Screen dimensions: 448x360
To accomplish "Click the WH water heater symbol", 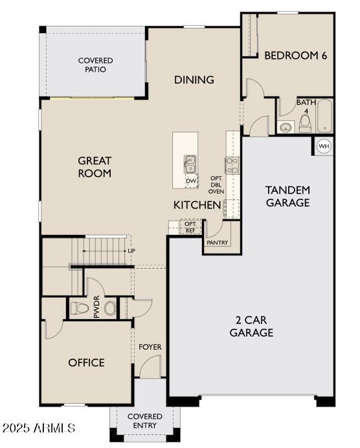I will (323, 146).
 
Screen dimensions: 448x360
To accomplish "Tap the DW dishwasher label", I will (191, 181).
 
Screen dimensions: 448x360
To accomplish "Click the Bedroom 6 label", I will (295, 56).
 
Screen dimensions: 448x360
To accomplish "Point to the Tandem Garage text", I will (287, 196).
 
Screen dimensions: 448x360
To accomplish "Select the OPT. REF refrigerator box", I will (190, 227).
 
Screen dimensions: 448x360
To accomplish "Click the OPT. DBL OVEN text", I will (216, 185).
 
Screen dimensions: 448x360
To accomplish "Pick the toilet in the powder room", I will (78, 308).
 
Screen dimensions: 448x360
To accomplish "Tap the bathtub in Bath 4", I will (323, 116).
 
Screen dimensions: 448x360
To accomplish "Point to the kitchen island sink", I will (190, 164).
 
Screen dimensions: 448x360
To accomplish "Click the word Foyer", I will (150, 347).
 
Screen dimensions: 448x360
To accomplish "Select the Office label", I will (86, 363).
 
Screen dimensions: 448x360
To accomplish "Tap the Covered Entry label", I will (144, 420).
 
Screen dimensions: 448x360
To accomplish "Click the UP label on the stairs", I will (131, 250).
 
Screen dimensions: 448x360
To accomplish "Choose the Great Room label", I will (95, 167).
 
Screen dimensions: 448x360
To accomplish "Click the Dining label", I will (194, 80).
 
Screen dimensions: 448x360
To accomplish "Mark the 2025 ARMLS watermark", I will (39, 429).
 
